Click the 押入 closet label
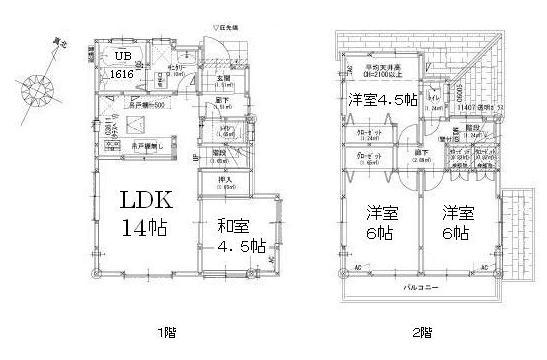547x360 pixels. point(226,179)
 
